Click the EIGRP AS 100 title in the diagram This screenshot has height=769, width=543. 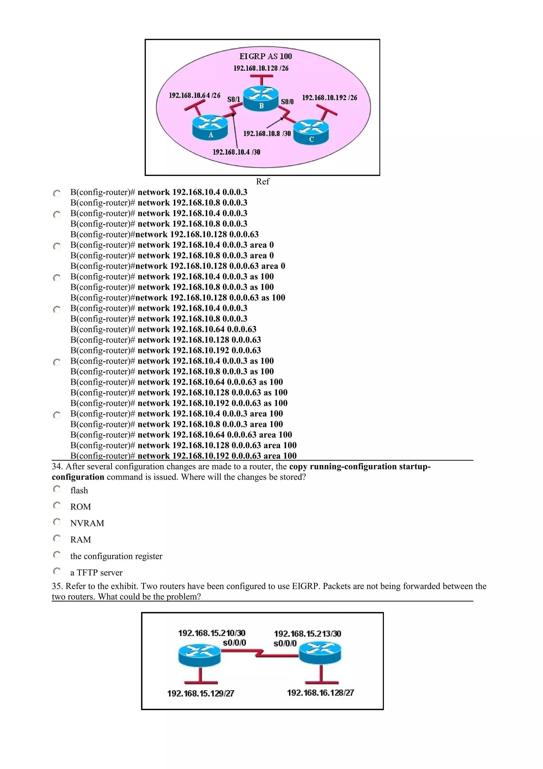pyautogui.click(x=265, y=56)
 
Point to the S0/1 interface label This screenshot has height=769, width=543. pyautogui.click(x=234, y=100)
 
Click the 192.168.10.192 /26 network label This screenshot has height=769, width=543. pyautogui.click(x=329, y=98)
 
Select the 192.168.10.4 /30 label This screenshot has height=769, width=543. pyautogui.click(x=236, y=152)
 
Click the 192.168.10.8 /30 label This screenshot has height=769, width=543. pyautogui.click(x=267, y=134)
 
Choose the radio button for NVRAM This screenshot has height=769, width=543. pyautogui.click(x=57, y=522)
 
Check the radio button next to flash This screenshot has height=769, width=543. pyautogui.click(x=57, y=489)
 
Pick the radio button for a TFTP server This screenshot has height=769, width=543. pyautogui.click(x=57, y=571)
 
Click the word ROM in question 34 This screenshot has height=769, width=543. pyautogui.click(x=80, y=507)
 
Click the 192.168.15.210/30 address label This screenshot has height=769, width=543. pyautogui.click(x=211, y=633)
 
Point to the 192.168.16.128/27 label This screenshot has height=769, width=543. pyautogui.click(x=320, y=693)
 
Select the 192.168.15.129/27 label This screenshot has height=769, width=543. pyautogui.click(x=200, y=693)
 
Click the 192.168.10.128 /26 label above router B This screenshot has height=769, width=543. pyautogui.click(x=261, y=68)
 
